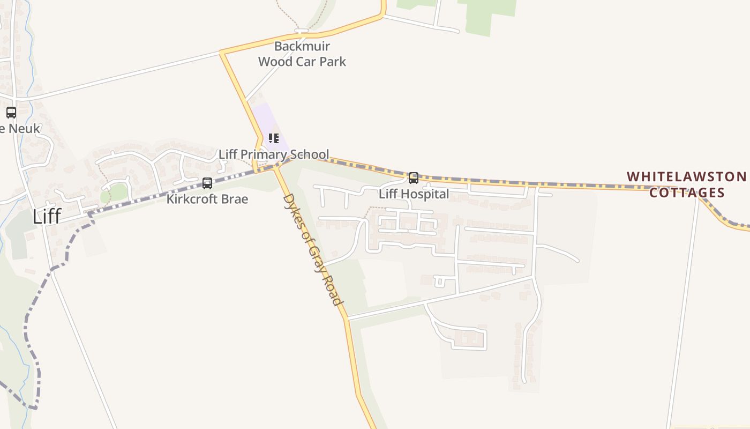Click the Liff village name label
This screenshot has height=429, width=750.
pyautogui.click(x=47, y=216)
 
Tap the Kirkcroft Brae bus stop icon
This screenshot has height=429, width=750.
pyautogui.click(x=207, y=183)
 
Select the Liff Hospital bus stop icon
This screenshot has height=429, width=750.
pyautogui.click(x=414, y=178)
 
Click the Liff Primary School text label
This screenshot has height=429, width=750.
pyautogui.click(x=274, y=154)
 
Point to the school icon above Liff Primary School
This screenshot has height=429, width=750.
pyautogui.click(x=274, y=138)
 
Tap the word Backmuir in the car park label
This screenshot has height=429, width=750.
pyautogui.click(x=302, y=46)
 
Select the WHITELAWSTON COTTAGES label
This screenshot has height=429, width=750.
pyautogui.click(x=687, y=184)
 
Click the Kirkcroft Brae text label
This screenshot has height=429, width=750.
pyautogui.click(x=207, y=199)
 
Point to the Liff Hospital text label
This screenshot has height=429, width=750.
pyautogui.click(x=414, y=194)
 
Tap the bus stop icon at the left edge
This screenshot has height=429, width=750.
pyautogui.click(x=11, y=113)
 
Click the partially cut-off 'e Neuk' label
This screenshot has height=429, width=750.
pyautogui.click(x=20, y=129)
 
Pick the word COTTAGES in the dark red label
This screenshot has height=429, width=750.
pyautogui.click(x=687, y=193)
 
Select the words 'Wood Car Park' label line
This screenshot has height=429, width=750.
pyautogui.click(x=302, y=62)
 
